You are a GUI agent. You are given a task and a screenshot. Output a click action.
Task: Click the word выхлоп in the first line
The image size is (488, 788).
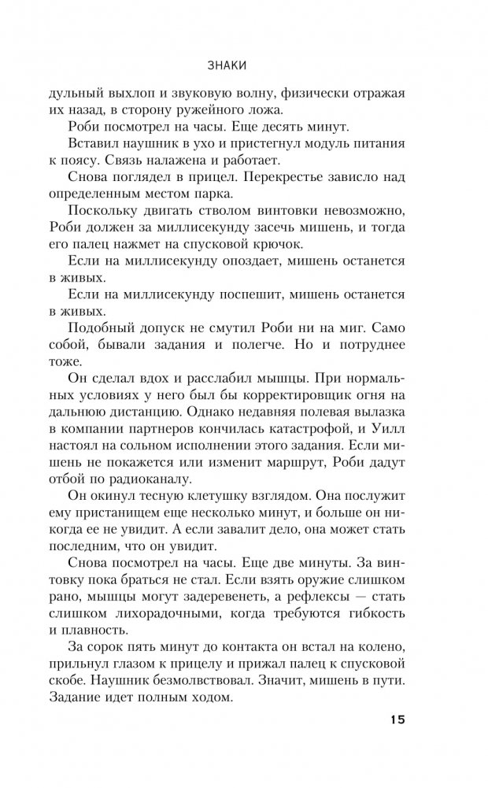[130, 92]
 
